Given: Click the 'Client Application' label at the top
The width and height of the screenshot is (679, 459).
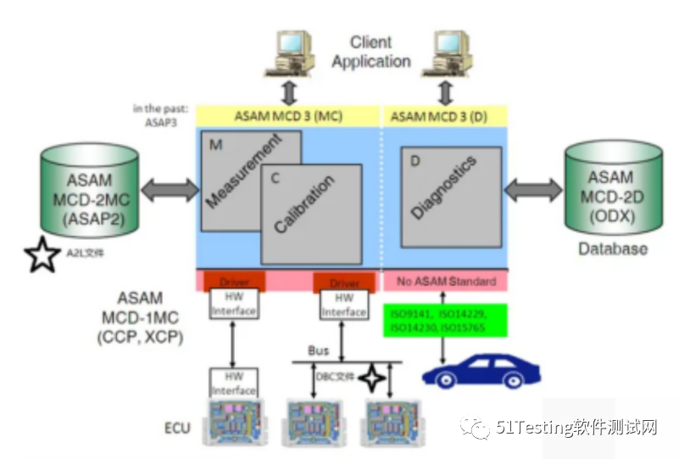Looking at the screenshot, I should (x=370, y=52).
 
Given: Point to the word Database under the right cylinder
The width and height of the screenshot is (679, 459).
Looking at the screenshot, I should (x=612, y=249).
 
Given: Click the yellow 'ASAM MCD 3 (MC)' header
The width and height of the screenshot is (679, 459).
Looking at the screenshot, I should (x=290, y=116).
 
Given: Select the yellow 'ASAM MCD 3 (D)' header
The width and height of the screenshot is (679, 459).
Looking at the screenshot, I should (x=445, y=116).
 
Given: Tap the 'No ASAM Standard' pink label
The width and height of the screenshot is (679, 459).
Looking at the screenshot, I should (x=446, y=279).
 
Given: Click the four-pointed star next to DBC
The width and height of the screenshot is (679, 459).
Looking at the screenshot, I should (x=370, y=378).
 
